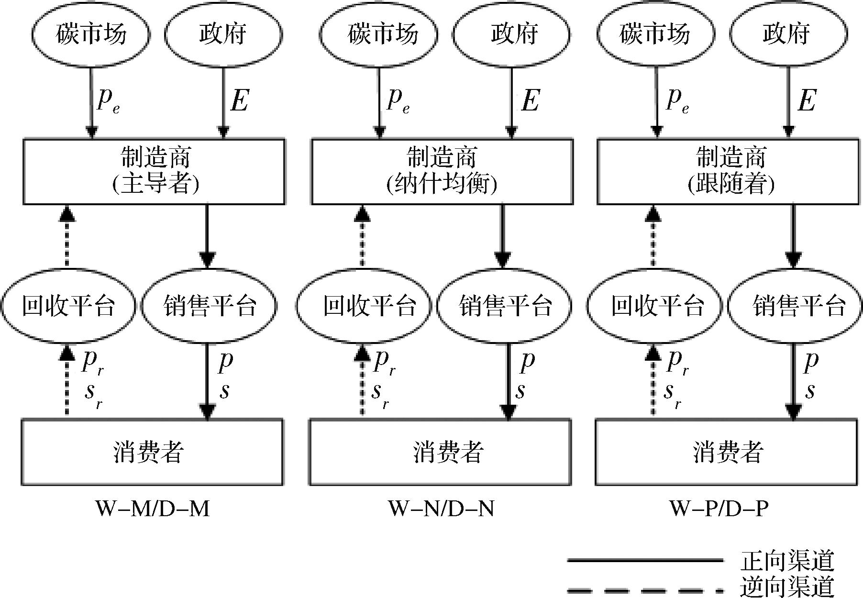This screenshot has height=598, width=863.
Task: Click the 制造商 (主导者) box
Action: click(154, 171)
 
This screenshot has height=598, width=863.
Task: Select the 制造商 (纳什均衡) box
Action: click(442, 171)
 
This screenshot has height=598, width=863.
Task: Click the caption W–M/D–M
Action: click(153, 509)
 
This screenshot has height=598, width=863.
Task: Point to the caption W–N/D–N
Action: click(441, 509)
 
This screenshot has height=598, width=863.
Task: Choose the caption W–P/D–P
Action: click(719, 509)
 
